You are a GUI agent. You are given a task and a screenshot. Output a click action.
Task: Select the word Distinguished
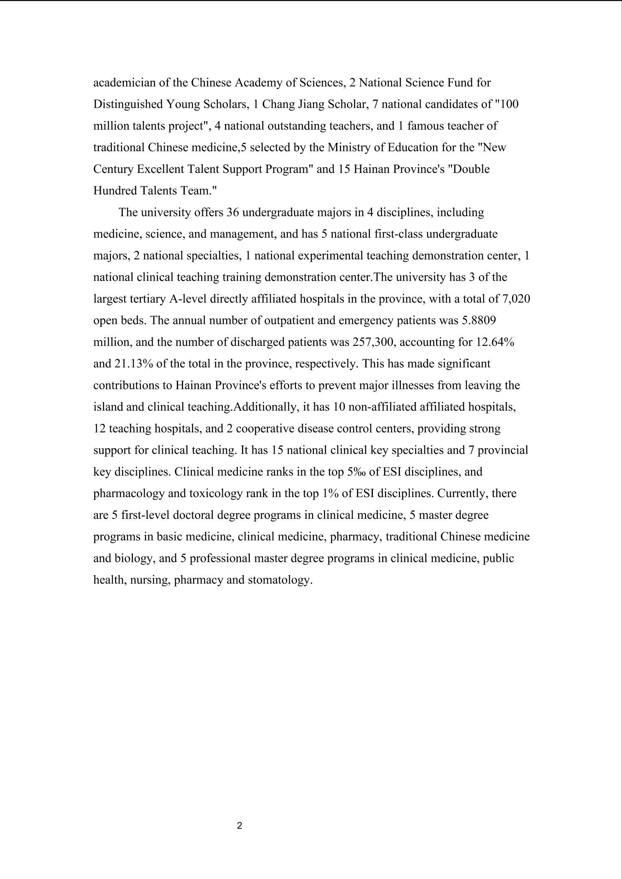(x=127, y=104)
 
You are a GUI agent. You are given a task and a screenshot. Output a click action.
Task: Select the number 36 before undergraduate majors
(x=232, y=213)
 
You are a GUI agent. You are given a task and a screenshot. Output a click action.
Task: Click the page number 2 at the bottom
(x=240, y=826)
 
